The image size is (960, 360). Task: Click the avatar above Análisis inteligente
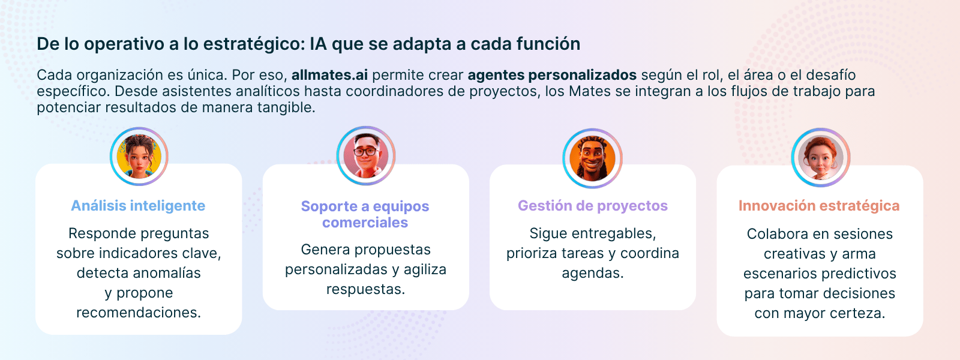(x=139, y=157)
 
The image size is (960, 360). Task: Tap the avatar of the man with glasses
(x=365, y=155)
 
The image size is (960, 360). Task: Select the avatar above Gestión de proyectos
(x=592, y=158)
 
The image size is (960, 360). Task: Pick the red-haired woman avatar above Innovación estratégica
(x=820, y=157)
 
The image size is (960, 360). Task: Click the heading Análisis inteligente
(x=138, y=206)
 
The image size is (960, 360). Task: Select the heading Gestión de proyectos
(x=593, y=206)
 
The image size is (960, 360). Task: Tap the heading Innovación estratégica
(x=819, y=206)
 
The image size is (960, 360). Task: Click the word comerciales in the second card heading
(x=365, y=223)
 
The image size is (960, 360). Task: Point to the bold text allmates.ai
(x=329, y=75)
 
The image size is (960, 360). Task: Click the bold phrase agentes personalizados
(x=552, y=75)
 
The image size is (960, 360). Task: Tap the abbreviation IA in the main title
(x=319, y=44)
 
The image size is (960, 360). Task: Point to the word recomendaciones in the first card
(x=139, y=313)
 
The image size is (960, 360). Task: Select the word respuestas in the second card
(x=365, y=289)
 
